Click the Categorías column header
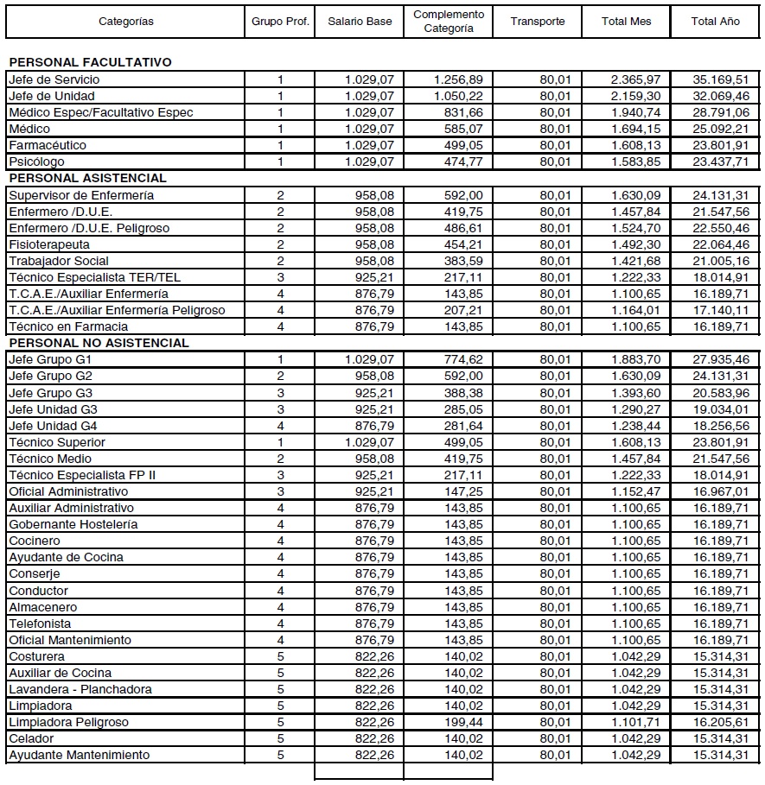126,22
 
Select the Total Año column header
715,22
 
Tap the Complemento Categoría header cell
449,22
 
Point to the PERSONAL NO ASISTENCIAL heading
99,343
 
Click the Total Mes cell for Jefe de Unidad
637,96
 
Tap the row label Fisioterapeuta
49,244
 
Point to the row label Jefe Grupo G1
50,359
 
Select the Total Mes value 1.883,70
637,359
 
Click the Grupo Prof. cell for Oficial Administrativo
280,491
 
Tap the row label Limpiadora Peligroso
68,722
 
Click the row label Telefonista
40,624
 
